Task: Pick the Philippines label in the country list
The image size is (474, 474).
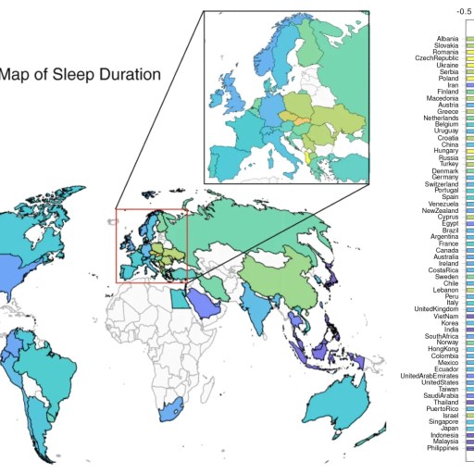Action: pos(440,449)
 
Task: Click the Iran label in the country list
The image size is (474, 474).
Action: pos(452,85)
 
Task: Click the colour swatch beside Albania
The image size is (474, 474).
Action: pos(469,39)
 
